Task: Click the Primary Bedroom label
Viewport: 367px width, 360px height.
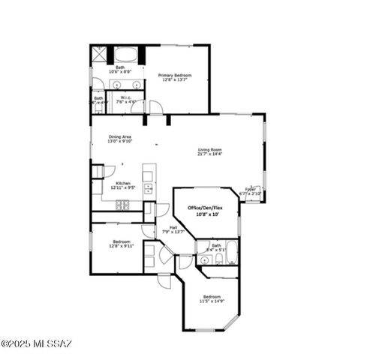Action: (174, 75)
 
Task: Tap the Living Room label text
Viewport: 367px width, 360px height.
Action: (209, 149)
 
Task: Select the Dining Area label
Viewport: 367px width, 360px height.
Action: (119, 136)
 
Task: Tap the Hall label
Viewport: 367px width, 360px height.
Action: (173, 227)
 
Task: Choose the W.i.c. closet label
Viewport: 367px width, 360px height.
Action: (126, 97)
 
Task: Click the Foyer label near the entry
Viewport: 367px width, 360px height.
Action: (250, 189)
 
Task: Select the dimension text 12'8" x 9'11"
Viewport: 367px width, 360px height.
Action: (120, 246)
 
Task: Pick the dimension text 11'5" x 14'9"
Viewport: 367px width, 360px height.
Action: (211, 301)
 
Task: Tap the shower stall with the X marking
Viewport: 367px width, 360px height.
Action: (99, 55)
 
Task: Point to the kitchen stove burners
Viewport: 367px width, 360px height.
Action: (148, 187)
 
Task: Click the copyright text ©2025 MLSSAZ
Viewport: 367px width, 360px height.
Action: (36, 344)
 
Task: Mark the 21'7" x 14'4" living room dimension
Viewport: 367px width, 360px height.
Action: (209, 154)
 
